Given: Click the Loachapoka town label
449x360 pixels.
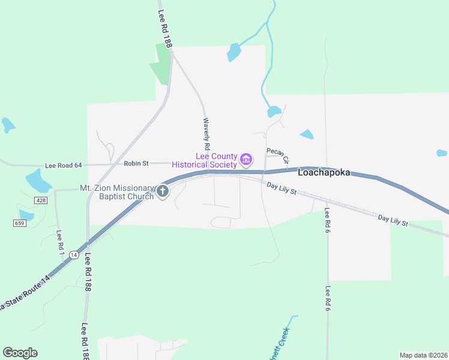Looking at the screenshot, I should click(333, 172).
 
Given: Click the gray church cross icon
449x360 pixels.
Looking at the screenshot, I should click(162, 192).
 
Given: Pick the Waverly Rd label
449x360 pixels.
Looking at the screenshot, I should click(206, 134).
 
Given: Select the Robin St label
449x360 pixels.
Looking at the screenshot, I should click(136, 163).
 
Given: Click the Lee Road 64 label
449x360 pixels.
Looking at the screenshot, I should click(63, 166).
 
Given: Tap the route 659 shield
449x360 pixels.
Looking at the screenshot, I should click(19, 223).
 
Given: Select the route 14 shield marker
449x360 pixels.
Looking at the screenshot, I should click(74, 255).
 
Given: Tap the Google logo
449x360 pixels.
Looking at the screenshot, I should click(20, 353).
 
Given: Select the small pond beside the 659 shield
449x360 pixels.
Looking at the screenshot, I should click(26, 214).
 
